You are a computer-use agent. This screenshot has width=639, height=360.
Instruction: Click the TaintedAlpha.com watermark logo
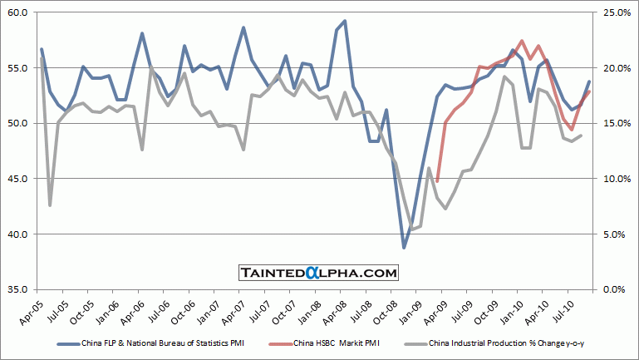tap(319, 272)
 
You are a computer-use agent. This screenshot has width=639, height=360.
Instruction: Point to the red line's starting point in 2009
tap(437, 181)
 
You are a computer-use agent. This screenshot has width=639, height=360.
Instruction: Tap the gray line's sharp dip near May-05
tap(50, 205)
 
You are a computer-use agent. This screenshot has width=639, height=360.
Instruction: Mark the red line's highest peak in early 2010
tap(521, 41)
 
